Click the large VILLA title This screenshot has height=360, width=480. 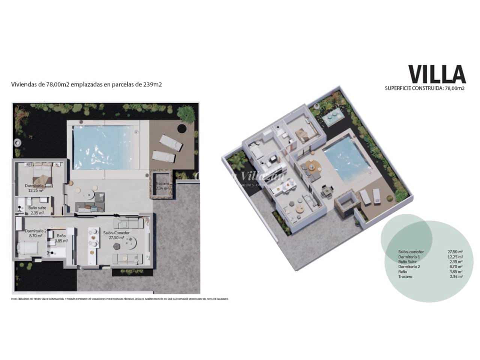[437, 74]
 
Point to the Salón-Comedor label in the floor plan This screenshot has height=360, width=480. [116, 233]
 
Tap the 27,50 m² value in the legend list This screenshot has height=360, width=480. [455, 252]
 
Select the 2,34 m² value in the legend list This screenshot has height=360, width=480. [455, 276]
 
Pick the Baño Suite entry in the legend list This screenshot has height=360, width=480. [408, 262]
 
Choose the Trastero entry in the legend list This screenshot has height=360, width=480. [405, 276]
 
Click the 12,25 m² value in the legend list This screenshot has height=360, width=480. [455, 257]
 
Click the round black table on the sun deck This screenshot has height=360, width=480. [181, 128]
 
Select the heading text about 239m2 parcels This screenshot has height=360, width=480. [87, 85]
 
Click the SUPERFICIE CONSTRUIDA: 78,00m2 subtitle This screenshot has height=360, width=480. [425, 88]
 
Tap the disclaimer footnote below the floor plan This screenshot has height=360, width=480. [120, 299]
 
